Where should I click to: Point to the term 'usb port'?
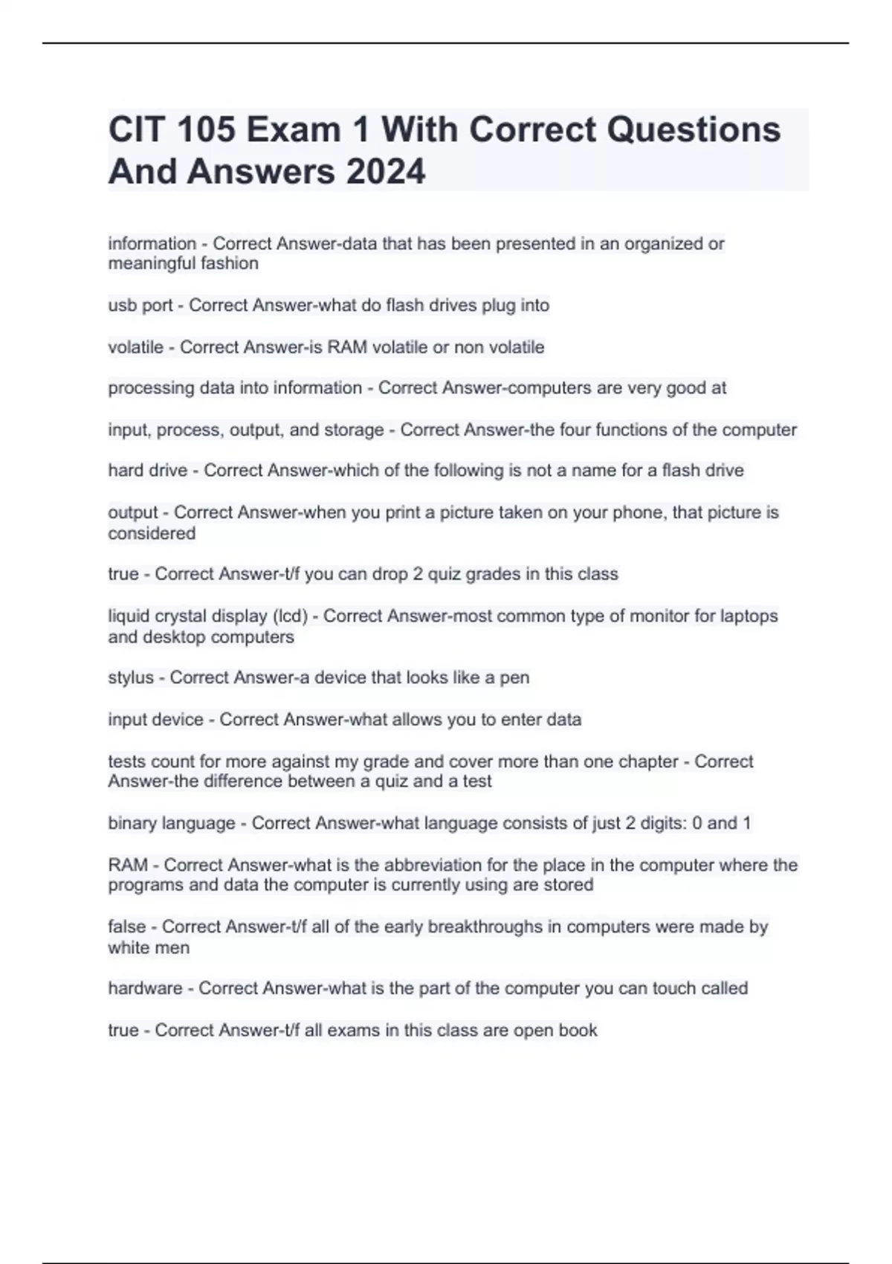coord(140,306)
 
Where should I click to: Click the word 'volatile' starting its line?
coord(135,347)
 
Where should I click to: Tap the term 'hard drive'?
coord(147,471)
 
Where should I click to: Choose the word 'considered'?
coord(152,533)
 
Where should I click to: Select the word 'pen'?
coord(514,678)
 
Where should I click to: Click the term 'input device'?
coord(155,720)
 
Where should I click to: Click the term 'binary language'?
coord(172,823)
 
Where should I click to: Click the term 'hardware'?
coord(145,988)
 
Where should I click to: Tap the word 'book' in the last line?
coord(578,1031)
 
